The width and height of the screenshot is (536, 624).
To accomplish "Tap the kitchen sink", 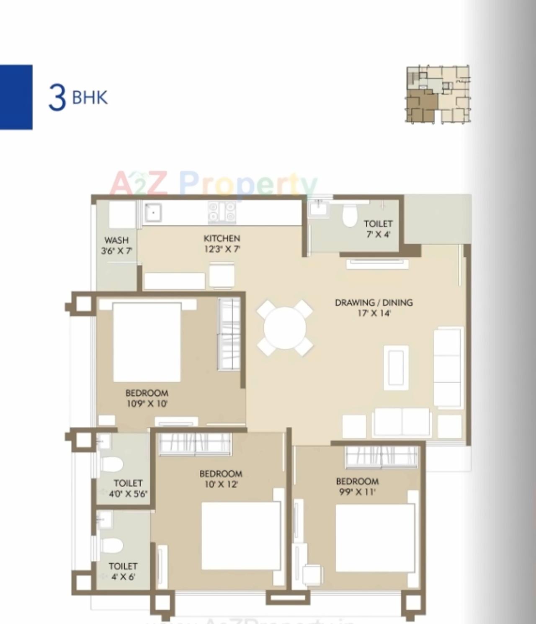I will pos(153,212).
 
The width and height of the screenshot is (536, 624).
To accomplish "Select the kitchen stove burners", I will pos(222,211).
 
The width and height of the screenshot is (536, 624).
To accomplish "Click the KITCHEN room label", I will pos(222,238).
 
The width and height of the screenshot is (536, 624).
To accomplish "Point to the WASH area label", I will pos(116,240).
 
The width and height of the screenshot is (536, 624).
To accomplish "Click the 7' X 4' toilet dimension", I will pos(378,235).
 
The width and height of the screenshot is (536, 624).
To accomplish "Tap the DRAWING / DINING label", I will pos(374,302).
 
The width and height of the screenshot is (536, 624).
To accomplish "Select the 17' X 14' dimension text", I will pos(374,313).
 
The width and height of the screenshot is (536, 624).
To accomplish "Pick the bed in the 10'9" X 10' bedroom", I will pos(147,341).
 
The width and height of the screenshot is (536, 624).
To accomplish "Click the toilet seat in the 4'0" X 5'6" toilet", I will pos(113,464).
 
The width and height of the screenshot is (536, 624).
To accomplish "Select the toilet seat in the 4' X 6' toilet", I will pos(113,545).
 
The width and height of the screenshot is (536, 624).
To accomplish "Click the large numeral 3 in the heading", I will pos(57,98).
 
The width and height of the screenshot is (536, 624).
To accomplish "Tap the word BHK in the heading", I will pos(90,98).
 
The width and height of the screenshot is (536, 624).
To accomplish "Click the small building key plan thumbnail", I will pos(438,94).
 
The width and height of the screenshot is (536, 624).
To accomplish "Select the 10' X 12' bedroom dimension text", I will pos(221,485).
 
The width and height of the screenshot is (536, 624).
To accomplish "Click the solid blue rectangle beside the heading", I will pos(16,97).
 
